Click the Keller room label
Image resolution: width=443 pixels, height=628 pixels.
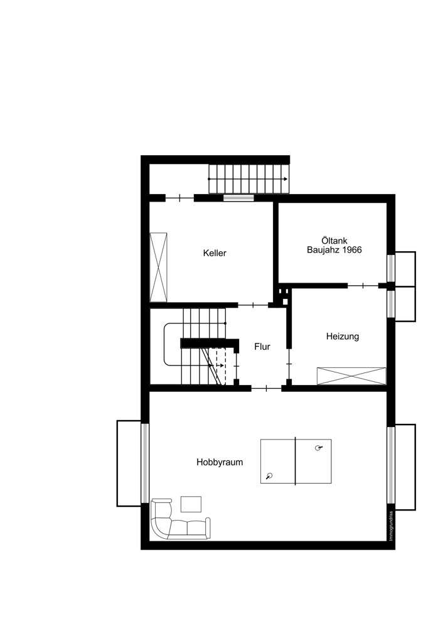coord(215,254)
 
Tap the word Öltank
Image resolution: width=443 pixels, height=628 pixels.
coord(334,239)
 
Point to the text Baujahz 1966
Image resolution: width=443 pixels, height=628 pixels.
coord(334,250)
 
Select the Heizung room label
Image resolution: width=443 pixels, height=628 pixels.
coord(343,337)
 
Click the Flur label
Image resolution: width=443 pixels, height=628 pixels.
coord(262,346)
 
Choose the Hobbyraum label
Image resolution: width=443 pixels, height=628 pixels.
coord(220,462)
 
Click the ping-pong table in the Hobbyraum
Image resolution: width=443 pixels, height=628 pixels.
coord(296,461)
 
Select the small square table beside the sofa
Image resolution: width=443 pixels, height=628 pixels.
coord(191,504)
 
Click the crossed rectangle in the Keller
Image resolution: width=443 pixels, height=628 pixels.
coord(159,266)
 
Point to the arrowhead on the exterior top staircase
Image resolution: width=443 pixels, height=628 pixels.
coord(286,180)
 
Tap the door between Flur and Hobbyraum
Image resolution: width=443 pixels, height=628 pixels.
coord(266,389)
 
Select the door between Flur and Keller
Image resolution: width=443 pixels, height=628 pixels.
coord(252,305)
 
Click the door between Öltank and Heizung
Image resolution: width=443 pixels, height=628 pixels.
coord(364,286)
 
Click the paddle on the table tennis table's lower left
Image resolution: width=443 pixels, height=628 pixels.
coord(270,476)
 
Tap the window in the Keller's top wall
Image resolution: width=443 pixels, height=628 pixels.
coord(239,198)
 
